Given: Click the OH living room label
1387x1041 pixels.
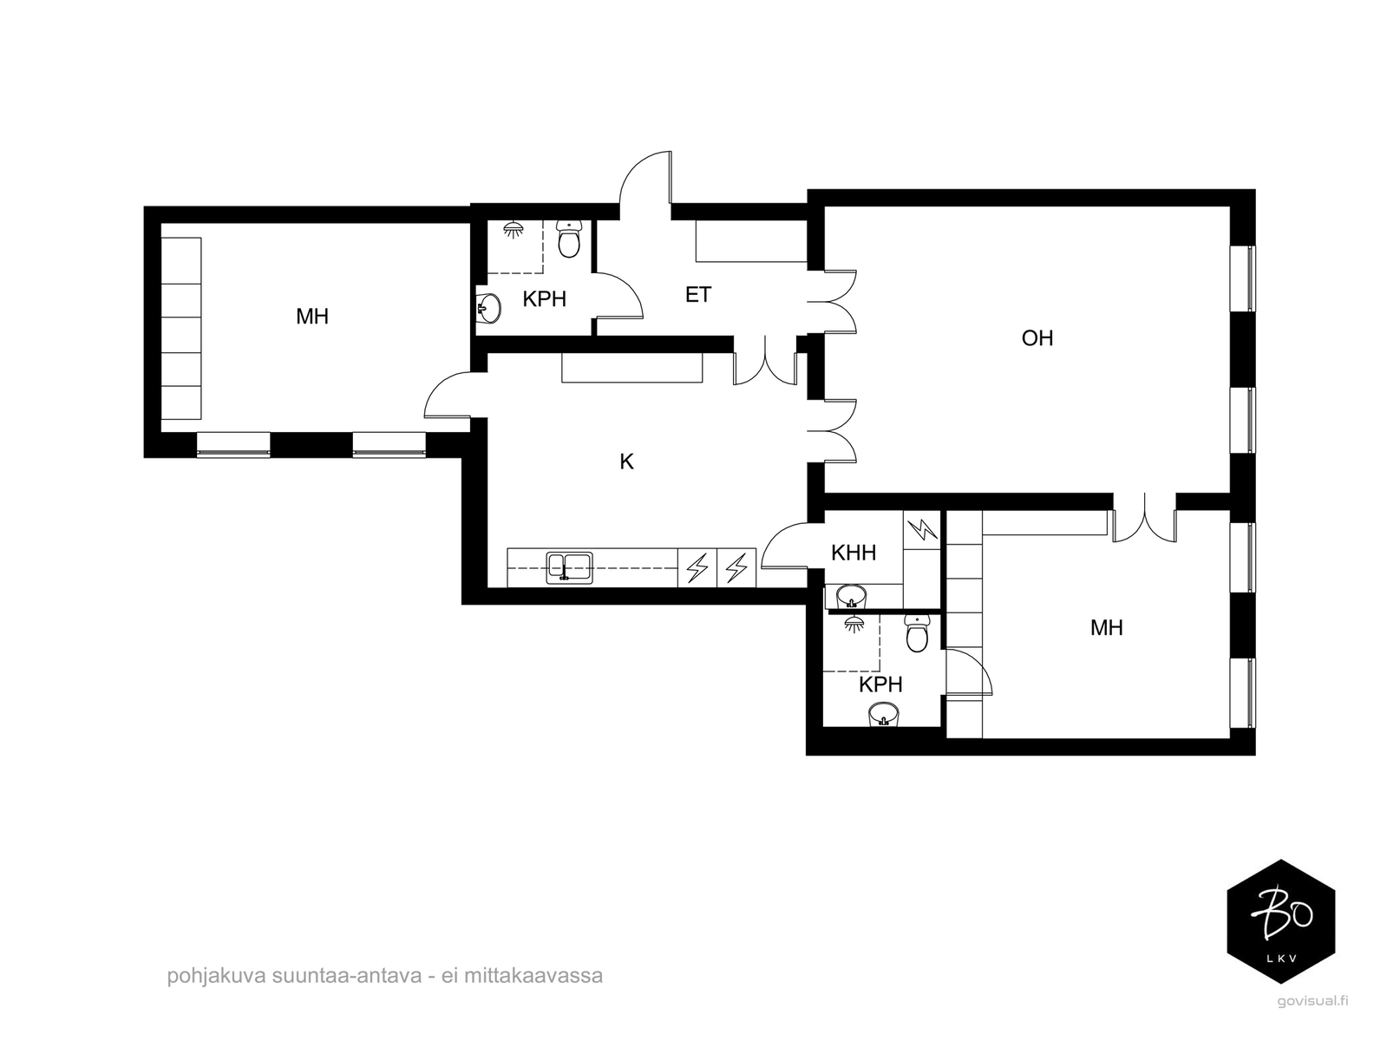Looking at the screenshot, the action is (1037, 338).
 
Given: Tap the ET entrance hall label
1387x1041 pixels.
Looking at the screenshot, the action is (698, 294).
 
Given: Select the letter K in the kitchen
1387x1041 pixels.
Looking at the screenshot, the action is (626, 462).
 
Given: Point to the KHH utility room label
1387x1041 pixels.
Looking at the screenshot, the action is (854, 553).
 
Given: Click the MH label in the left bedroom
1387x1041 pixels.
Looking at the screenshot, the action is (312, 317).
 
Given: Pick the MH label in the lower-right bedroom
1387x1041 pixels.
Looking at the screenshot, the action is (1107, 627).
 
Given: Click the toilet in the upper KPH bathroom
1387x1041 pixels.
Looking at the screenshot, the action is (569, 239).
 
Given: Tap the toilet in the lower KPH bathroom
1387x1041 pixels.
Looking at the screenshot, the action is (917, 633).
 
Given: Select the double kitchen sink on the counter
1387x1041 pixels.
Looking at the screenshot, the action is (569, 567).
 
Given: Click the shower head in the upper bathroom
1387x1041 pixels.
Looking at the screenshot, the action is (514, 229).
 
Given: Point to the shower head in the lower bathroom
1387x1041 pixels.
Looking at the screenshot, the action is (854, 624).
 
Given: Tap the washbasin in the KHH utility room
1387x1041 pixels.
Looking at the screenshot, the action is (851, 595).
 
